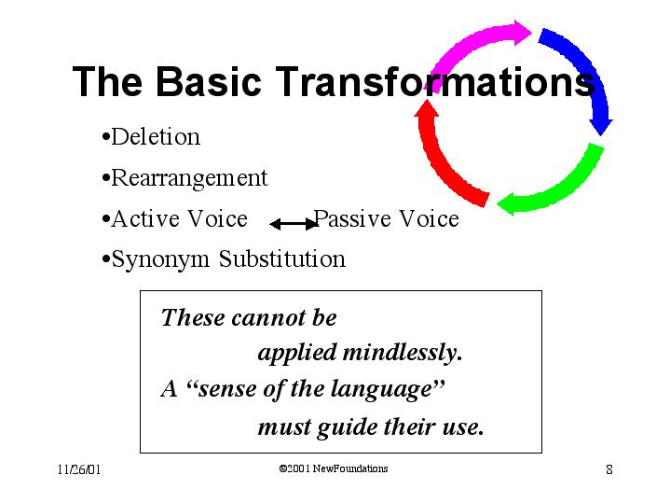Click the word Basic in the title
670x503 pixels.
[x=208, y=81]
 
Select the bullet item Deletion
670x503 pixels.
[x=151, y=137]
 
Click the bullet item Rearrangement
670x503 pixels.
[x=185, y=178]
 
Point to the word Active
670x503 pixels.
[x=145, y=218]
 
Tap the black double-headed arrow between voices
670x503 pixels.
[x=294, y=224]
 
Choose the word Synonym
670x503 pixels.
[x=160, y=259]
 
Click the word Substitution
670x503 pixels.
[x=282, y=258]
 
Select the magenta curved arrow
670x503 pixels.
[x=469, y=43]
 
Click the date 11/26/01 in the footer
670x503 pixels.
[x=79, y=469]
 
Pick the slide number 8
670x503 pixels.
[x=609, y=469]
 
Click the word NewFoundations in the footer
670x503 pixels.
[x=350, y=468]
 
